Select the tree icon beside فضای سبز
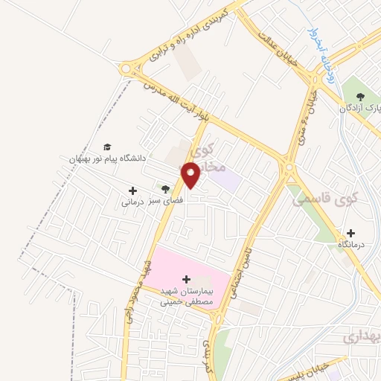165,190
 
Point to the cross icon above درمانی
132,190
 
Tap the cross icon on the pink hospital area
186,278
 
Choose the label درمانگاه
353,244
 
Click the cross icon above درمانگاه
361,232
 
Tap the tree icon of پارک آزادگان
361,96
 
